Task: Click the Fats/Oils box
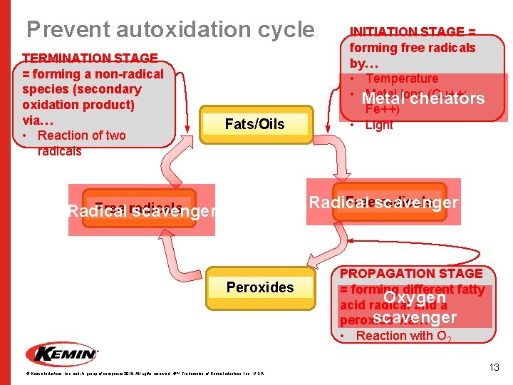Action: coord(254,124)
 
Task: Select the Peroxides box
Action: coord(260,287)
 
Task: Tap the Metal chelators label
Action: coord(423,98)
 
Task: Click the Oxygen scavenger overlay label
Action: coord(414,307)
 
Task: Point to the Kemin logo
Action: coord(62,353)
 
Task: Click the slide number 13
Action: coord(494,367)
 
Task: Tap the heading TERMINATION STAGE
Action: coord(90,58)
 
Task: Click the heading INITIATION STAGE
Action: coord(413,32)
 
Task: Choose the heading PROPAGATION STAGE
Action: coord(411,273)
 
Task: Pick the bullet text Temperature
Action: coord(402,78)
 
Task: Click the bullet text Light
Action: coord(378,125)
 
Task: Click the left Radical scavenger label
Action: coord(140,211)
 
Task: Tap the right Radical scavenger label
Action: coord(383,202)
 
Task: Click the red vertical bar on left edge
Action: coord(5,192)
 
